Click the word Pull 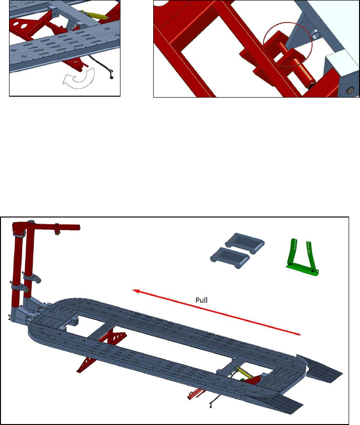(202, 300)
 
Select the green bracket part (302, 257)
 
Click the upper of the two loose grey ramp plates (245, 244)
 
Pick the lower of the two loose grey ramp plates (231, 258)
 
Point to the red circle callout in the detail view (287, 45)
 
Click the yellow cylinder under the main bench (243, 373)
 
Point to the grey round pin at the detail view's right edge (351, 90)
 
